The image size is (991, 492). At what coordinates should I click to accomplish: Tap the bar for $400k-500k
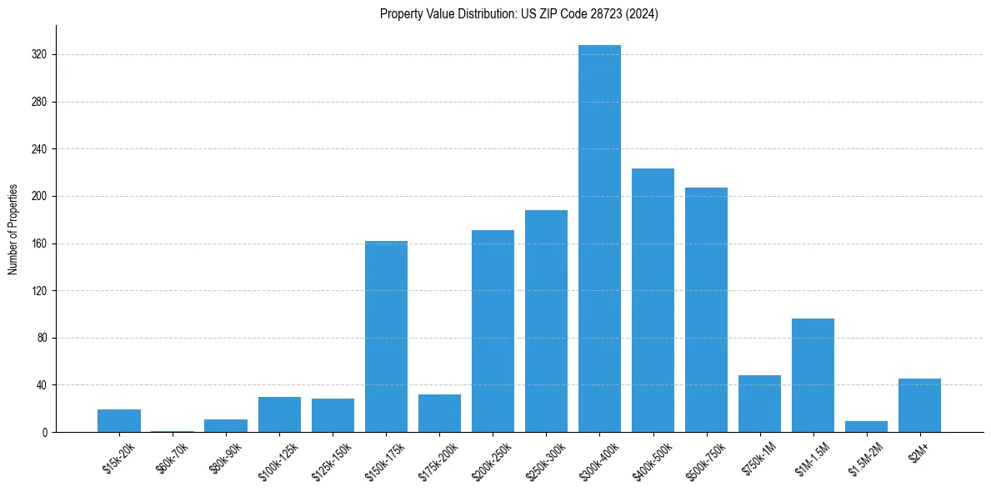[653, 300]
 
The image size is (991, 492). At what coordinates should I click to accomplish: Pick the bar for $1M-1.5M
[813, 375]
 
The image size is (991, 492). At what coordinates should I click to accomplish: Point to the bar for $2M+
[919, 405]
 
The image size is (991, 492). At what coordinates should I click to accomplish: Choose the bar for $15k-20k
[119, 421]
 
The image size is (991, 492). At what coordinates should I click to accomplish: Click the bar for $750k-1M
[759, 404]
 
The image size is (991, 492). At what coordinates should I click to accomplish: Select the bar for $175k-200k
[439, 413]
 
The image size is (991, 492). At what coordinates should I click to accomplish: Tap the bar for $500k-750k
[706, 309]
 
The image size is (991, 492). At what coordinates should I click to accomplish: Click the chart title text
[518, 14]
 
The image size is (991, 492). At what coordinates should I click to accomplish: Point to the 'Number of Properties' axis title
[13, 229]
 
